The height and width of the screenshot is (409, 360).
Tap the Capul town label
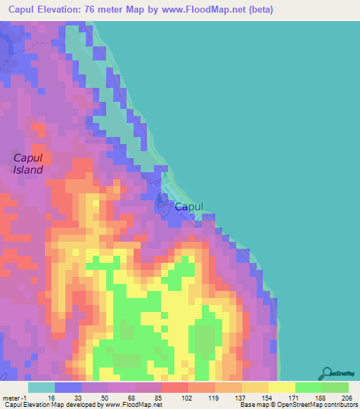[188, 207]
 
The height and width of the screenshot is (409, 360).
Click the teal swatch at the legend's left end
[41, 387]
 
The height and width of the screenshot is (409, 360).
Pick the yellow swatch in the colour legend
[282, 387]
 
